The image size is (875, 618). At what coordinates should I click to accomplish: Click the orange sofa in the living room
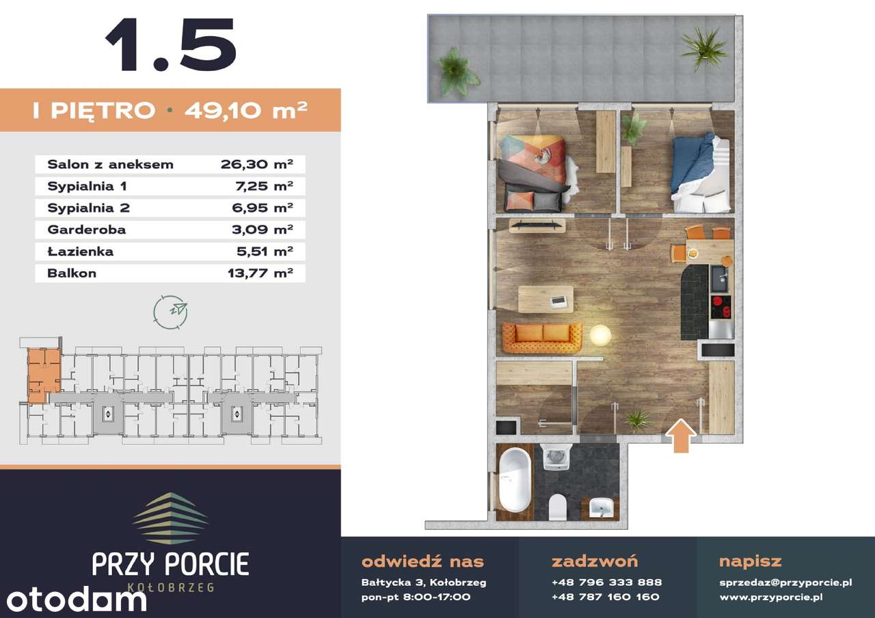click(542, 337)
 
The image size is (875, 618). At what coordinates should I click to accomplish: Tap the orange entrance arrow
click(681, 436)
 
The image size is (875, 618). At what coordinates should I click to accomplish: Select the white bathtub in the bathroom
click(515, 480)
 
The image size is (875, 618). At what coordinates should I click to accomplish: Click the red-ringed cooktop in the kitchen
click(721, 307)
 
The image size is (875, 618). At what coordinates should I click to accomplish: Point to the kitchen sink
click(720, 279)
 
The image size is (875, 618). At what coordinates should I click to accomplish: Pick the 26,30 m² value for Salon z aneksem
click(256, 165)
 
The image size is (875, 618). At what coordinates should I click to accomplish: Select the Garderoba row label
click(87, 229)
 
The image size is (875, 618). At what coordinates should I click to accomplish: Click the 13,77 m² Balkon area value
click(260, 273)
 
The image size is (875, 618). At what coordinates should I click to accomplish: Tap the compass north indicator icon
click(171, 311)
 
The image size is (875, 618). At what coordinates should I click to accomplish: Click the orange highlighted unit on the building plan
click(43, 375)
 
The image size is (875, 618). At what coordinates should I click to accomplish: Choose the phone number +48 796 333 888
click(606, 582)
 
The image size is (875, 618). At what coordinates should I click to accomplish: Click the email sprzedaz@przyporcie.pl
click(785, 582)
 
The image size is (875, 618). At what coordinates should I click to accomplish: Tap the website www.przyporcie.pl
click(771, 597)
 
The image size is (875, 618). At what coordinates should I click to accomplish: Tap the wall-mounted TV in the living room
click(537, 225)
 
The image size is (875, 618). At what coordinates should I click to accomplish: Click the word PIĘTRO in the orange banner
click(103, 111)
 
